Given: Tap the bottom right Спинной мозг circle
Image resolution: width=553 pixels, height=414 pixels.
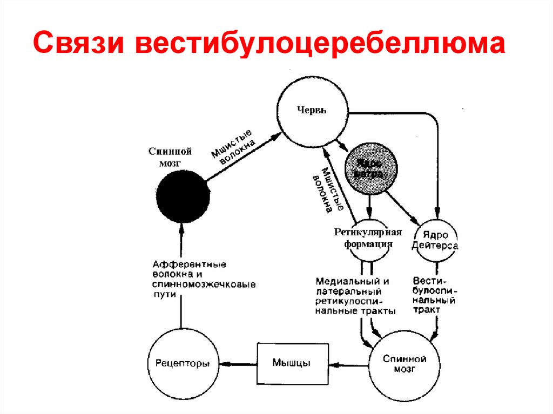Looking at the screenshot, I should tap(404, 364).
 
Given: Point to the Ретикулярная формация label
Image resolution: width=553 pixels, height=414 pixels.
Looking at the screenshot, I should tap(368, 237).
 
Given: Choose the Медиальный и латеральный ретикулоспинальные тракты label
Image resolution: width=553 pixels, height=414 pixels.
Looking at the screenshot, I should tap(356, 296).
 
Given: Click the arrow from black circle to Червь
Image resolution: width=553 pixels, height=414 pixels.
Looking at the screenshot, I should tap(243, 157).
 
